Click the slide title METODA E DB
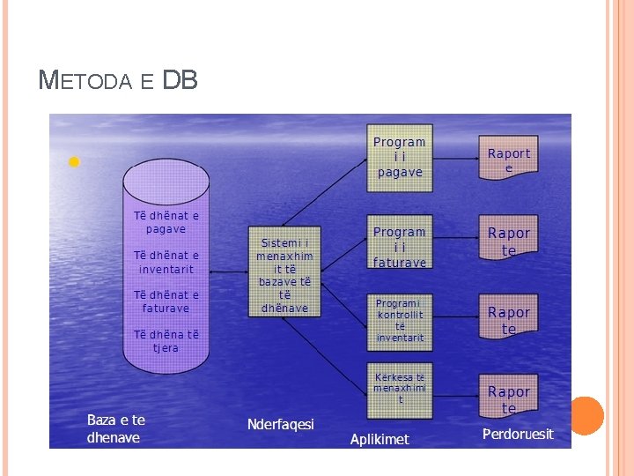[x=119, y=81]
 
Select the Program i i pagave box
[x=400, y=157]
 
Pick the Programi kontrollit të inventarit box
[x=400, y=319]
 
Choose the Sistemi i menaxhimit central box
[x=284, y=275]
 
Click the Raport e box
[x=509, y=159]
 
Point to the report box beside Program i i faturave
[x=509, y=241]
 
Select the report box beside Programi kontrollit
[x=509, y=319]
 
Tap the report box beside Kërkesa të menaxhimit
[x=509, y=398]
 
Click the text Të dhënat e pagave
[x=166, y=222]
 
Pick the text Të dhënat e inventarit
[x=166, y=262]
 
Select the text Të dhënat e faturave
[x=166, y=301]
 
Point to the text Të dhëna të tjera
[x=166, y=340]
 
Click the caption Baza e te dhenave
[x=116, y=428]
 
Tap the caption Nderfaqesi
[x=281, y=424]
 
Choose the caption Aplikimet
[x=380, y=438]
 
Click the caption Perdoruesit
[x=518, y=434]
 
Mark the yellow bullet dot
[x=74, y=162]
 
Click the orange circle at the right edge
[x=586, y=415]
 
